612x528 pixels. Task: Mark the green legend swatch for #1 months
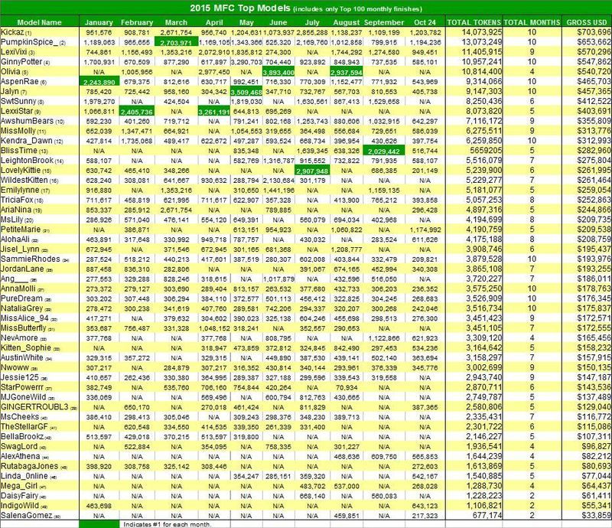click(x=99, y=523)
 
